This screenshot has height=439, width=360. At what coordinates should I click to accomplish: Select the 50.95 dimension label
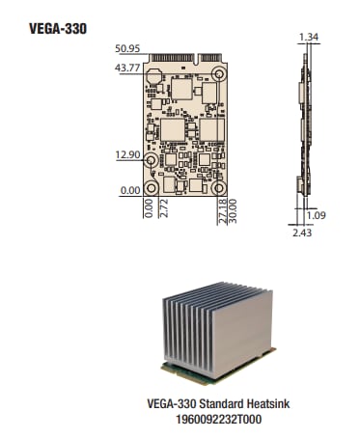coord(127,48)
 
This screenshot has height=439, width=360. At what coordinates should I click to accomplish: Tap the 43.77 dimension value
coord(127,68)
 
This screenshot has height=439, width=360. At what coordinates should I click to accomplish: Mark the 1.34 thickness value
coord(309,37)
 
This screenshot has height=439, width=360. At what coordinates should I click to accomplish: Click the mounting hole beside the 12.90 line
coord(152,161)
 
